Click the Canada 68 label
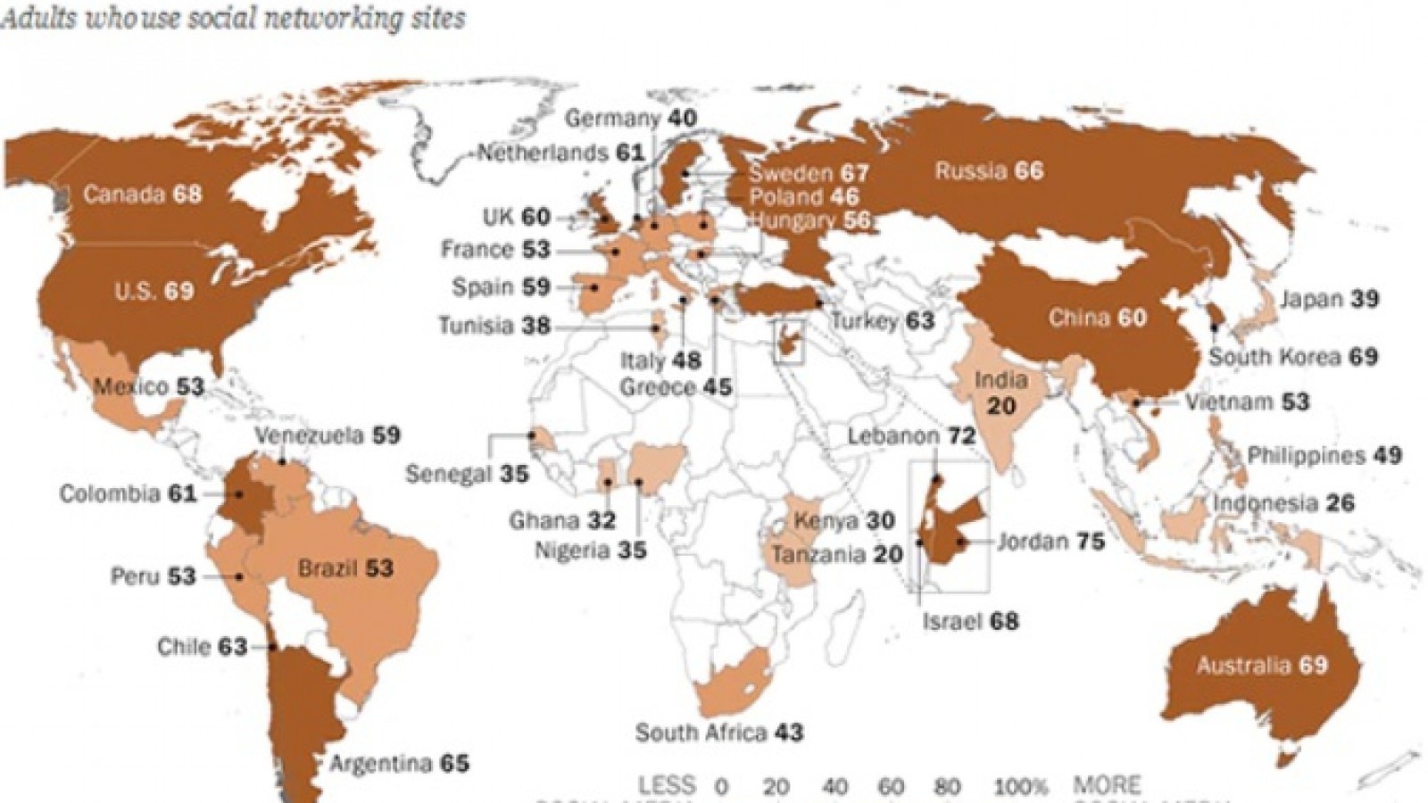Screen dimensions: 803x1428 pos(142,194)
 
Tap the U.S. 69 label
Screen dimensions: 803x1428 pos(154,291)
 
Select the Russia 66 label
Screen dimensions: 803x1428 pos(989,170)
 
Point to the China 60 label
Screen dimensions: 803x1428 pos(1097,318)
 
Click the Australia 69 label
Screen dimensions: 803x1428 pos(1262,665)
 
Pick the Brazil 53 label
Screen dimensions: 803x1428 pos(345,567)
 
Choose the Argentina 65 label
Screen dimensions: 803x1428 pos(399,764)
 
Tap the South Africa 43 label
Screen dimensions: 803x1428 pos(719,733)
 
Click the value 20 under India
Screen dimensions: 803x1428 pos(1000,406)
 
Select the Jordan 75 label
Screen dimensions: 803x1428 pos(1050,541)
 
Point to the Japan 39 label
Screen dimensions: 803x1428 pos(1330,300)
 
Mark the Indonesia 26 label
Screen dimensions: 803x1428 pos(1283,503)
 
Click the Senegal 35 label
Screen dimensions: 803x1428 pos(467,473)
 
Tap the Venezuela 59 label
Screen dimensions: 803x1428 pos(328,435)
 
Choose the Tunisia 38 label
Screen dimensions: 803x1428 pos(494,327)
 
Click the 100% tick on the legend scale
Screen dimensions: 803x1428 pos(1022,787)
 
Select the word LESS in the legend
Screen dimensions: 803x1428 pos(666,786)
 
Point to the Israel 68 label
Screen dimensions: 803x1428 pos(970,620)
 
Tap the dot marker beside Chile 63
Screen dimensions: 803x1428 pos(272,647)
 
